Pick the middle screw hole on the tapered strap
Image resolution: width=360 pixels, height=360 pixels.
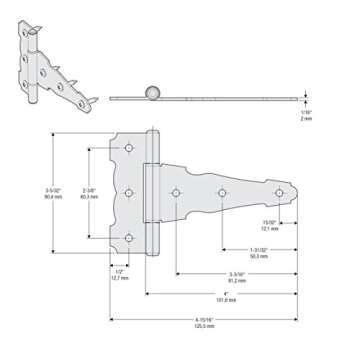click(221, 193)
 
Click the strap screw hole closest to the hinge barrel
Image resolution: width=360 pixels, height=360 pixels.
click(175, 193)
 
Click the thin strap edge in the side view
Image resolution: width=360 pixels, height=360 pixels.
click(230, 98)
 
